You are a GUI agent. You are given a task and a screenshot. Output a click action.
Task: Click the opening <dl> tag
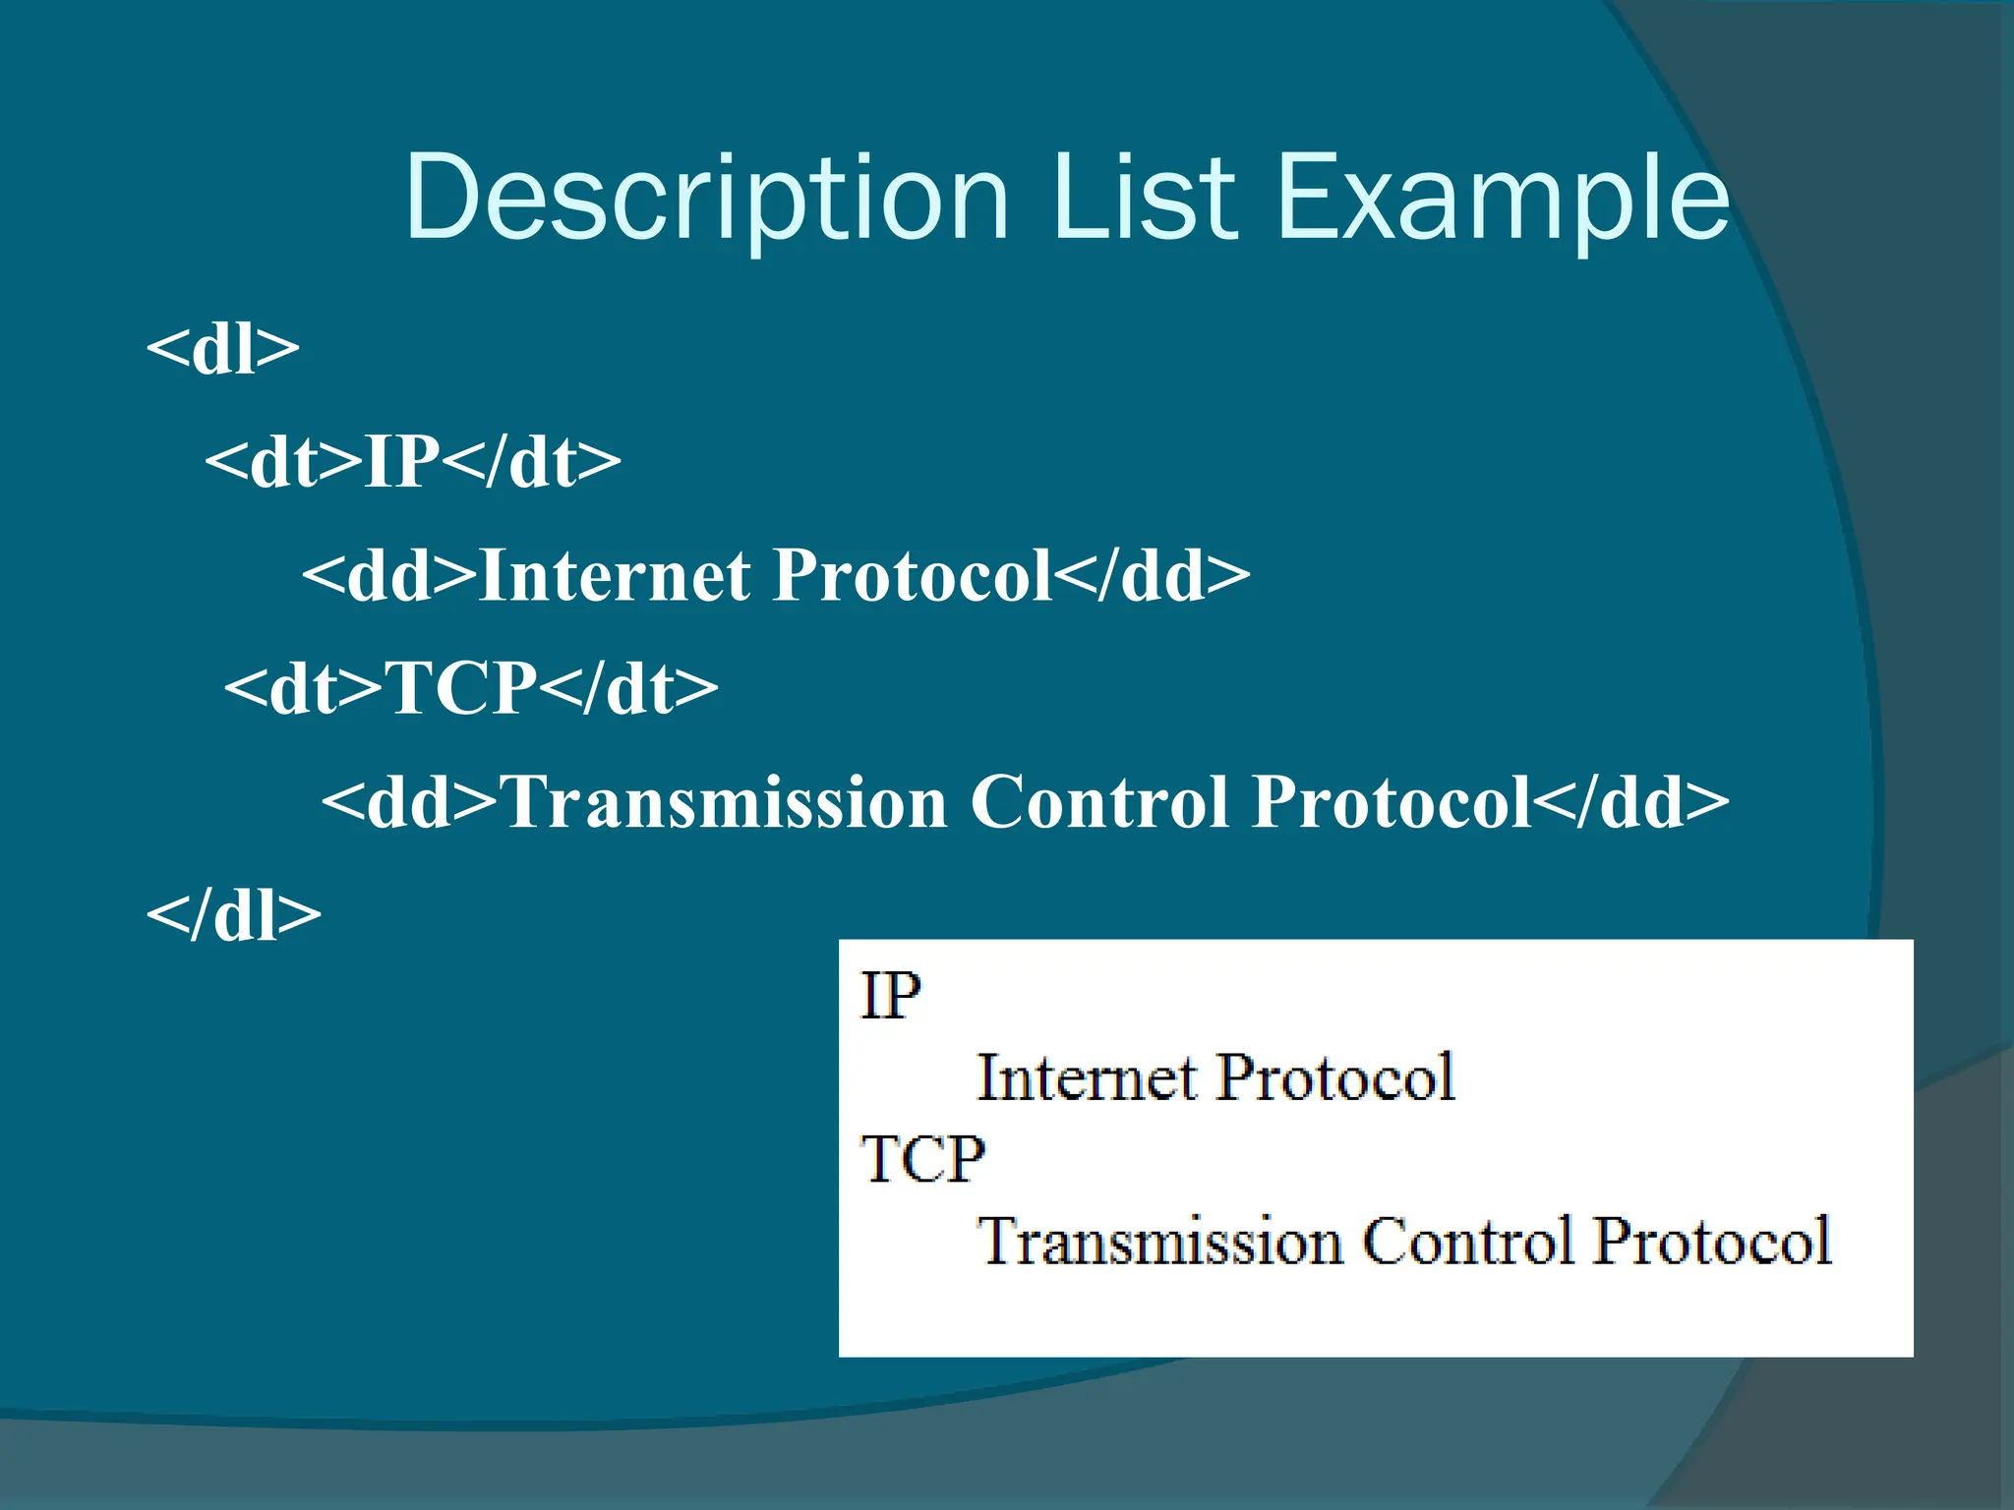(x=222, y=348)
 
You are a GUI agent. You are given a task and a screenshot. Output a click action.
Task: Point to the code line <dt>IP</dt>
(x=413, y=461)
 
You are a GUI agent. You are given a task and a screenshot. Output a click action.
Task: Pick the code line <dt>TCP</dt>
(x=471, y=687)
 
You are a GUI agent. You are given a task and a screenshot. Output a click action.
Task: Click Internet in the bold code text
(x=616, y=575)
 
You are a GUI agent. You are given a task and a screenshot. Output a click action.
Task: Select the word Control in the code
(x=1099, y=802)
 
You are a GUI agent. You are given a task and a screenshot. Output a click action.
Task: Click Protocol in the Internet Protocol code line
(x=914, y=575)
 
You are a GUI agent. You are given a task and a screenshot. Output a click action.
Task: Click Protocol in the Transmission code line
(x=1392, y=802)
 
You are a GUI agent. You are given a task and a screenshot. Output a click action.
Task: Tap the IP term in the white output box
(x=890, y=996)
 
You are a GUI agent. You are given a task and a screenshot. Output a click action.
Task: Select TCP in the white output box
(x=922, y=1159)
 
